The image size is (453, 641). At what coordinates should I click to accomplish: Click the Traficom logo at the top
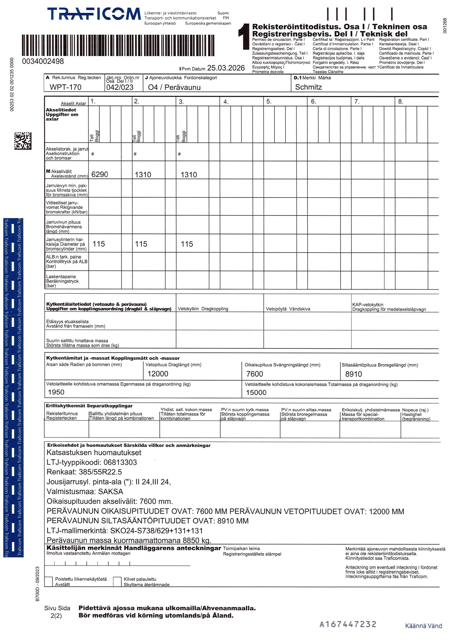tap(94, 14)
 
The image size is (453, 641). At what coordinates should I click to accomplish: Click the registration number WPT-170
tap(65, 87)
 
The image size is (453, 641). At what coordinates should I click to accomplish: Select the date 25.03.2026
tap(226, 68)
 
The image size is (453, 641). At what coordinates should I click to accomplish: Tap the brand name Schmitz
tap(308, 87)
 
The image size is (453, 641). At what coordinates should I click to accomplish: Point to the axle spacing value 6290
tap(100, 174)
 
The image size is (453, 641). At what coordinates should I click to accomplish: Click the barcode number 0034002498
tap(43, 61)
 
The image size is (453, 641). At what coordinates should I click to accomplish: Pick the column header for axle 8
tap(400, 102)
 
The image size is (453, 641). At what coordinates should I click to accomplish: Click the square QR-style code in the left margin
tap(23, 141)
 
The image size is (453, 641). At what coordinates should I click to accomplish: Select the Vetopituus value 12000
tap(158, 374)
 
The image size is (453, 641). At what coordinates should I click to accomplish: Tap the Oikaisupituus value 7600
tap(255, 374)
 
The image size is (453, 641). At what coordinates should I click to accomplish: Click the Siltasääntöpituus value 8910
tap(353, 374)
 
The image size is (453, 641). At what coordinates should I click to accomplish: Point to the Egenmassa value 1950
tap(56, 392)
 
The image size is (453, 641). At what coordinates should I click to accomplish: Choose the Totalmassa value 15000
tap(256, 392)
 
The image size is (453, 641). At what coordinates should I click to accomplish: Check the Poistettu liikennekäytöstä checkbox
tap(49, 582)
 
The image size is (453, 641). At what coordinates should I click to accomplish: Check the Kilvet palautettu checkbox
tap(117, 582)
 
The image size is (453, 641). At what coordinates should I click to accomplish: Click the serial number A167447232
tap(348, 624)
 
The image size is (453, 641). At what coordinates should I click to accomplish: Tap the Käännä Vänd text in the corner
tap(423, 626)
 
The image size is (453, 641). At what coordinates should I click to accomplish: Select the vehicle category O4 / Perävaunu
tap(174, 87)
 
